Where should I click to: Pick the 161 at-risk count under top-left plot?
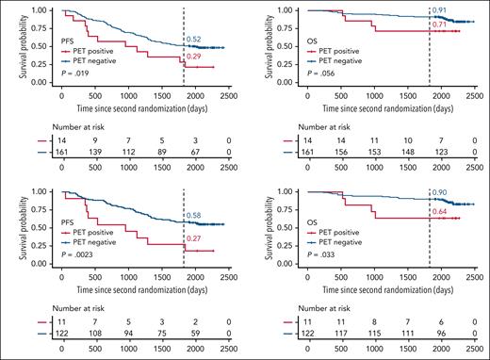(x=62, y=149)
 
